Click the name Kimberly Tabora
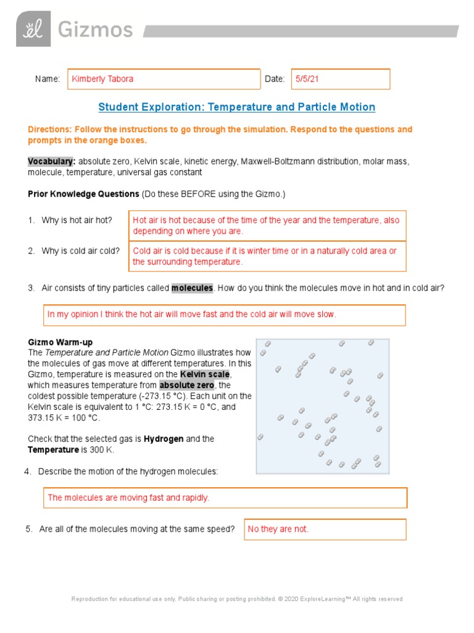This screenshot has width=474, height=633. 102,79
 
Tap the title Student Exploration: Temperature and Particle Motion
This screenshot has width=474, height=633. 237,107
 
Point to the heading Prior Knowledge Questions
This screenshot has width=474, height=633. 83,194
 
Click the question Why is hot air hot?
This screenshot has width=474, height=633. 77,220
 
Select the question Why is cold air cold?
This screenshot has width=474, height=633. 80,251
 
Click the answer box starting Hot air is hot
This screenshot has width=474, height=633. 267,226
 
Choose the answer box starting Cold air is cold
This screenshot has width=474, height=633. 267,257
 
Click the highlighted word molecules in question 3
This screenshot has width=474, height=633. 192,288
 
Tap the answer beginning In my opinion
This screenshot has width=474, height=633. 192,315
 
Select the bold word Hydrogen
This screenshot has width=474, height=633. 164,439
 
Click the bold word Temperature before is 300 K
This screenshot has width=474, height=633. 53,449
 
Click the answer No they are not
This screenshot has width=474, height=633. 278,529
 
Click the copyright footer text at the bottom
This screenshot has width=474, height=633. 237,599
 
